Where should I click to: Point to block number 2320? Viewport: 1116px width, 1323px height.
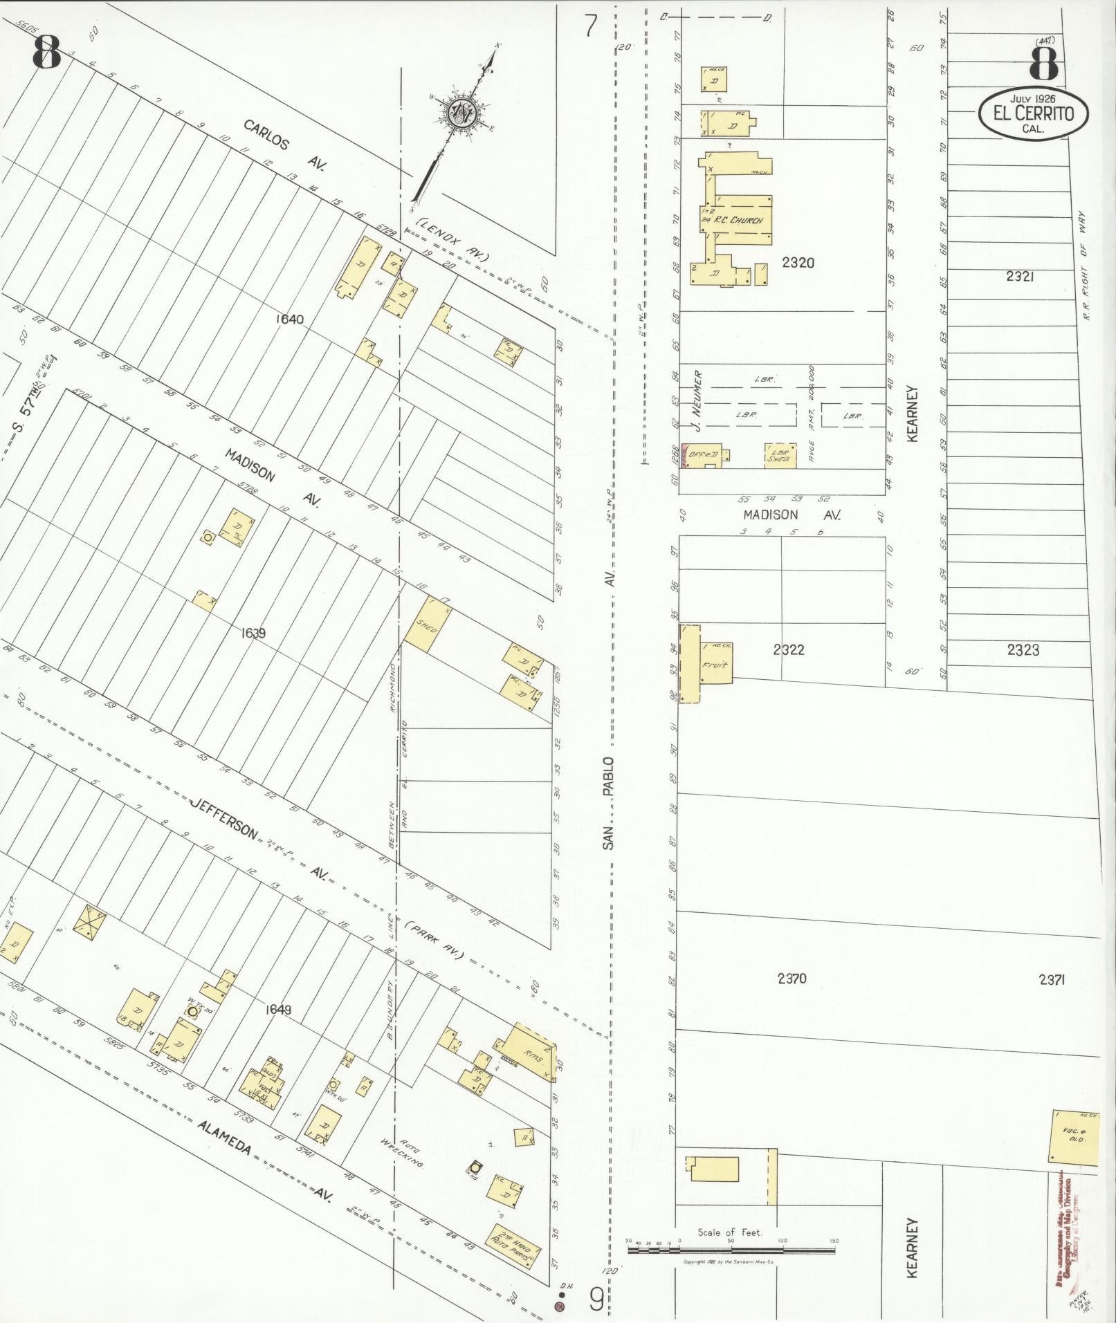tap(798, 263)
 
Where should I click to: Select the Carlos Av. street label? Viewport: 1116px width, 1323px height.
tap(284, 143)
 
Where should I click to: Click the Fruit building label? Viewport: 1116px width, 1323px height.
tap(712, 665)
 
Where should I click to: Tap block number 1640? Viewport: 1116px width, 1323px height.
tap(289, 320)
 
